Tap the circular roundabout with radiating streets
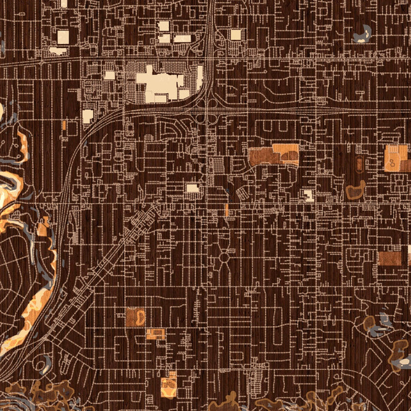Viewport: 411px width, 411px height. point(224,257)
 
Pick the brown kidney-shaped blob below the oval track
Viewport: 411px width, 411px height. point(355,191)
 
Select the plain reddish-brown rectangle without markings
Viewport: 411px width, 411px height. point(389,259)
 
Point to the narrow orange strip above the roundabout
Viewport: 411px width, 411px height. point(227,210)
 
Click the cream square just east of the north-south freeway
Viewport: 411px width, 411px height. point(235,35)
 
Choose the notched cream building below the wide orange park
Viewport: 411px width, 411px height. point(308,196)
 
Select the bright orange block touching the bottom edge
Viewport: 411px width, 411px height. point(169,385)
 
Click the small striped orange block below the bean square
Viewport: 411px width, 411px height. point(156,334)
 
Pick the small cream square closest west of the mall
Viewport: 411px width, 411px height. point(109,75)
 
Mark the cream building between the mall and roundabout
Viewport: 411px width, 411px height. point(193,188)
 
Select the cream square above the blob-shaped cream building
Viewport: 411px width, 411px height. point(63,38)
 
